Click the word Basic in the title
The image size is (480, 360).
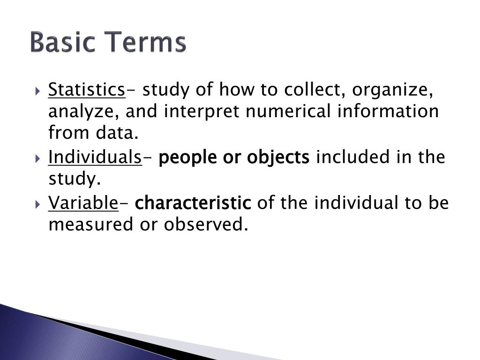coord(64,43)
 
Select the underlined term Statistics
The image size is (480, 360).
coord(87,89)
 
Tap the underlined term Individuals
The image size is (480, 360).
coord(95,157)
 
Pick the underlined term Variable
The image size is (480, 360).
coord(83,203)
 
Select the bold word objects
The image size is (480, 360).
coord(278,157)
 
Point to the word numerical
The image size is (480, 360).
coord(291,112)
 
